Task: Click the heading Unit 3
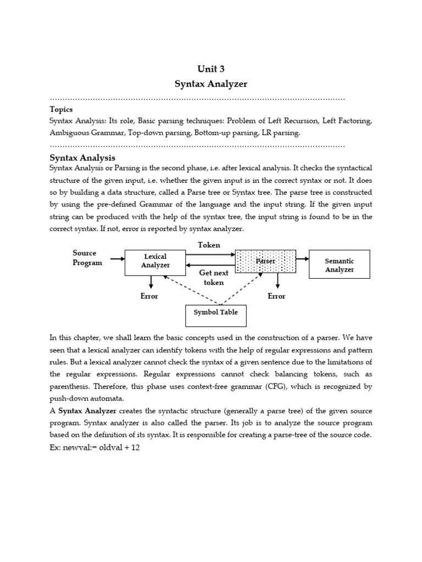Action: pos(211,69)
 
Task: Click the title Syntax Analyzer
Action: pos(211,84)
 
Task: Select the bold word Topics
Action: pos(61,109)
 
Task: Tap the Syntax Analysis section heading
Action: pos(82,158)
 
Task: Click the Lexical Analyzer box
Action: pos(155,261)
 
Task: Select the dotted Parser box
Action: pos(265,261)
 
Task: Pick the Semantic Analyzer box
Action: pos(340,265)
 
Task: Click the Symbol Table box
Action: pos(215,312)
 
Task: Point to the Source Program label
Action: pos(87,257)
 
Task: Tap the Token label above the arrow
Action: pos(209,245)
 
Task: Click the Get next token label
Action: pos(214,277)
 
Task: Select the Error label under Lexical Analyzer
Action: pos(149,296)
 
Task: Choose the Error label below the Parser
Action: pos(276,296)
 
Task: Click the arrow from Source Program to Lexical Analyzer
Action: pos(117,258)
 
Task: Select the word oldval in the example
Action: pos(110,447)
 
